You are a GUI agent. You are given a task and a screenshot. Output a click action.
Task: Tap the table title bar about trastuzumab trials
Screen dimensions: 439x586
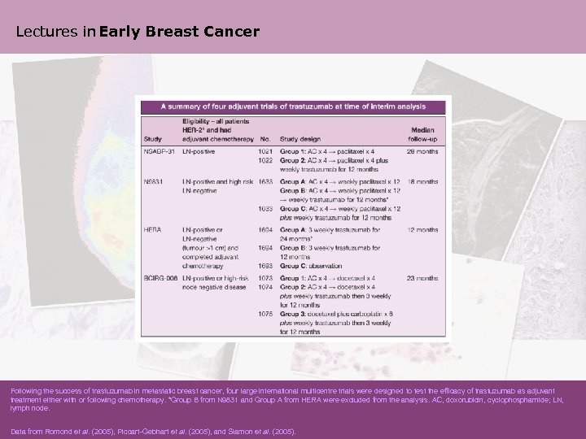(293, 106)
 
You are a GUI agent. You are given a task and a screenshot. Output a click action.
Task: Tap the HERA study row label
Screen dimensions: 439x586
(152, 230)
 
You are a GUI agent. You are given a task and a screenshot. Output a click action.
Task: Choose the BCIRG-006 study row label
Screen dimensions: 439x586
(160, 279)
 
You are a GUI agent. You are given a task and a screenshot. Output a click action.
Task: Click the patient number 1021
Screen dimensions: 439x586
(265, 151)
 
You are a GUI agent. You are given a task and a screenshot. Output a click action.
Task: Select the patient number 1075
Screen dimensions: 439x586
(265, 313)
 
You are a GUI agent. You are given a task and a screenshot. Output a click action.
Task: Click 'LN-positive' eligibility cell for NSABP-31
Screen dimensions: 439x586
(199, 151)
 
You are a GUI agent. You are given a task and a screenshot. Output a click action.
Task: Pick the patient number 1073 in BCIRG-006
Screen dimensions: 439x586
(265, 279)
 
